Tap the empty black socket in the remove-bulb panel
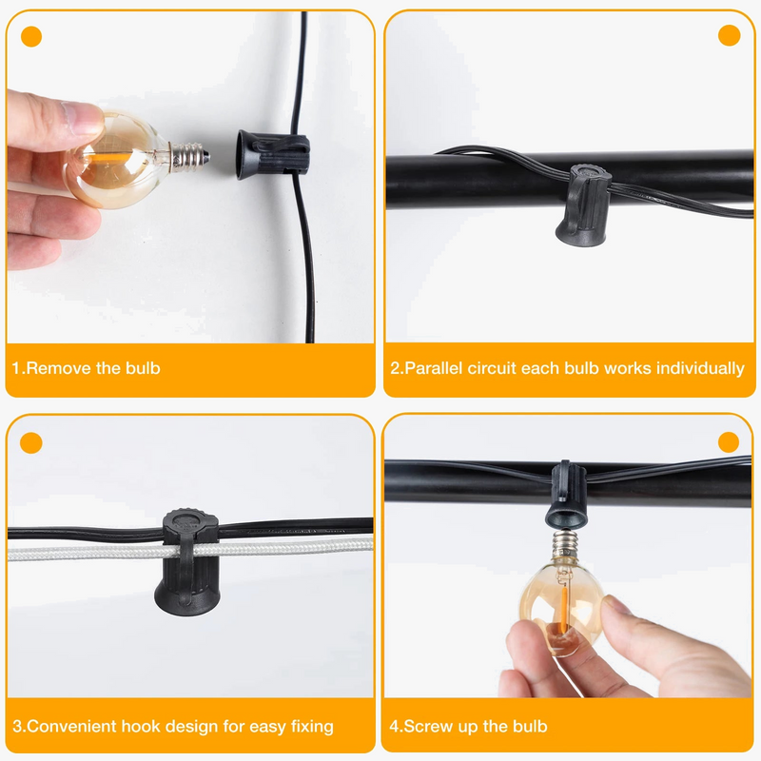point(272,154)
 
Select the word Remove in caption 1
point(59,368)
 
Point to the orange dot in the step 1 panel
point(31,37)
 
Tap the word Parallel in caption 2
point(439,368)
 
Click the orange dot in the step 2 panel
point(730,36)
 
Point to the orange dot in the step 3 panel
point(31,442)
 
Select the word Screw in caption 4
point(427,727)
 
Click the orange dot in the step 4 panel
point(729,442)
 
